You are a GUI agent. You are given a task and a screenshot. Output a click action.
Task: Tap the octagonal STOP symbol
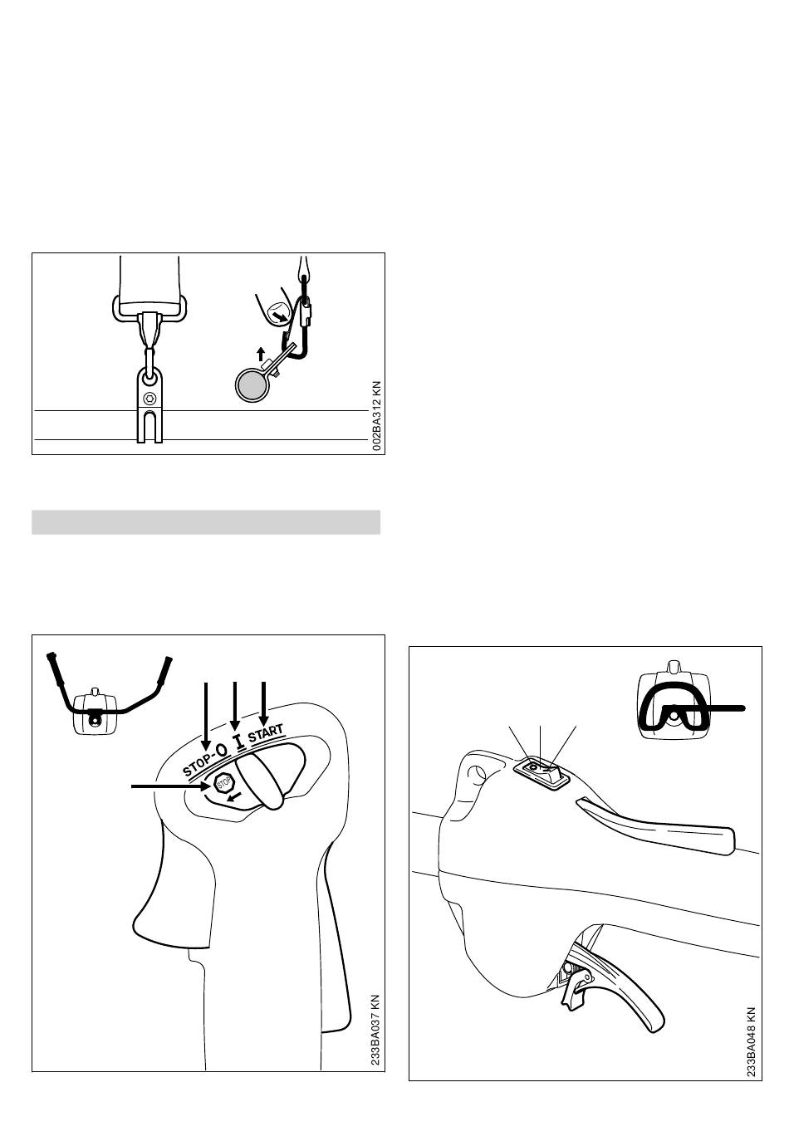pyautogui.click(x=224, y=783)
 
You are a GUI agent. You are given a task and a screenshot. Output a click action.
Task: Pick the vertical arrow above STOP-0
pyautogui.click(x=205, y=713)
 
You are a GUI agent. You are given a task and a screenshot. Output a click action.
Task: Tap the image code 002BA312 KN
pyautogui.click(x=376, y=416)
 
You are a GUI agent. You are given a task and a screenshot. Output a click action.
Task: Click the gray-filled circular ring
pyautogui.click(x=251, y=385)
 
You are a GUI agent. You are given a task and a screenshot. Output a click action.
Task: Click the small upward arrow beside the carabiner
pyautogui.click(x=261, y=353)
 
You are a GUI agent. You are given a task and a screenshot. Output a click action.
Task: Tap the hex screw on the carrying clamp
pyautogui.click(x=149, y=399)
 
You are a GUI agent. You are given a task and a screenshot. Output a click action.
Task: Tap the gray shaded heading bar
pyautogui.click(x=206, y=522)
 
